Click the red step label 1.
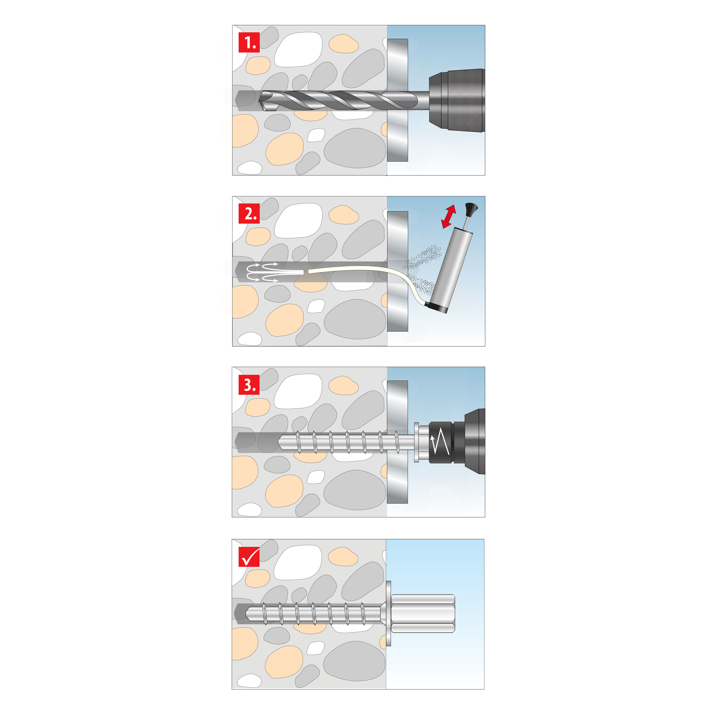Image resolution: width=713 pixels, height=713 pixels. [x=249, y=43]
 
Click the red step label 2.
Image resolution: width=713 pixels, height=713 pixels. [x=249, y=213]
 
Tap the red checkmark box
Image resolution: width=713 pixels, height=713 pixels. [x=249, y=557]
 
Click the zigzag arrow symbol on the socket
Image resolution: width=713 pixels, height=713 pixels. [x=440, y=442]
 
